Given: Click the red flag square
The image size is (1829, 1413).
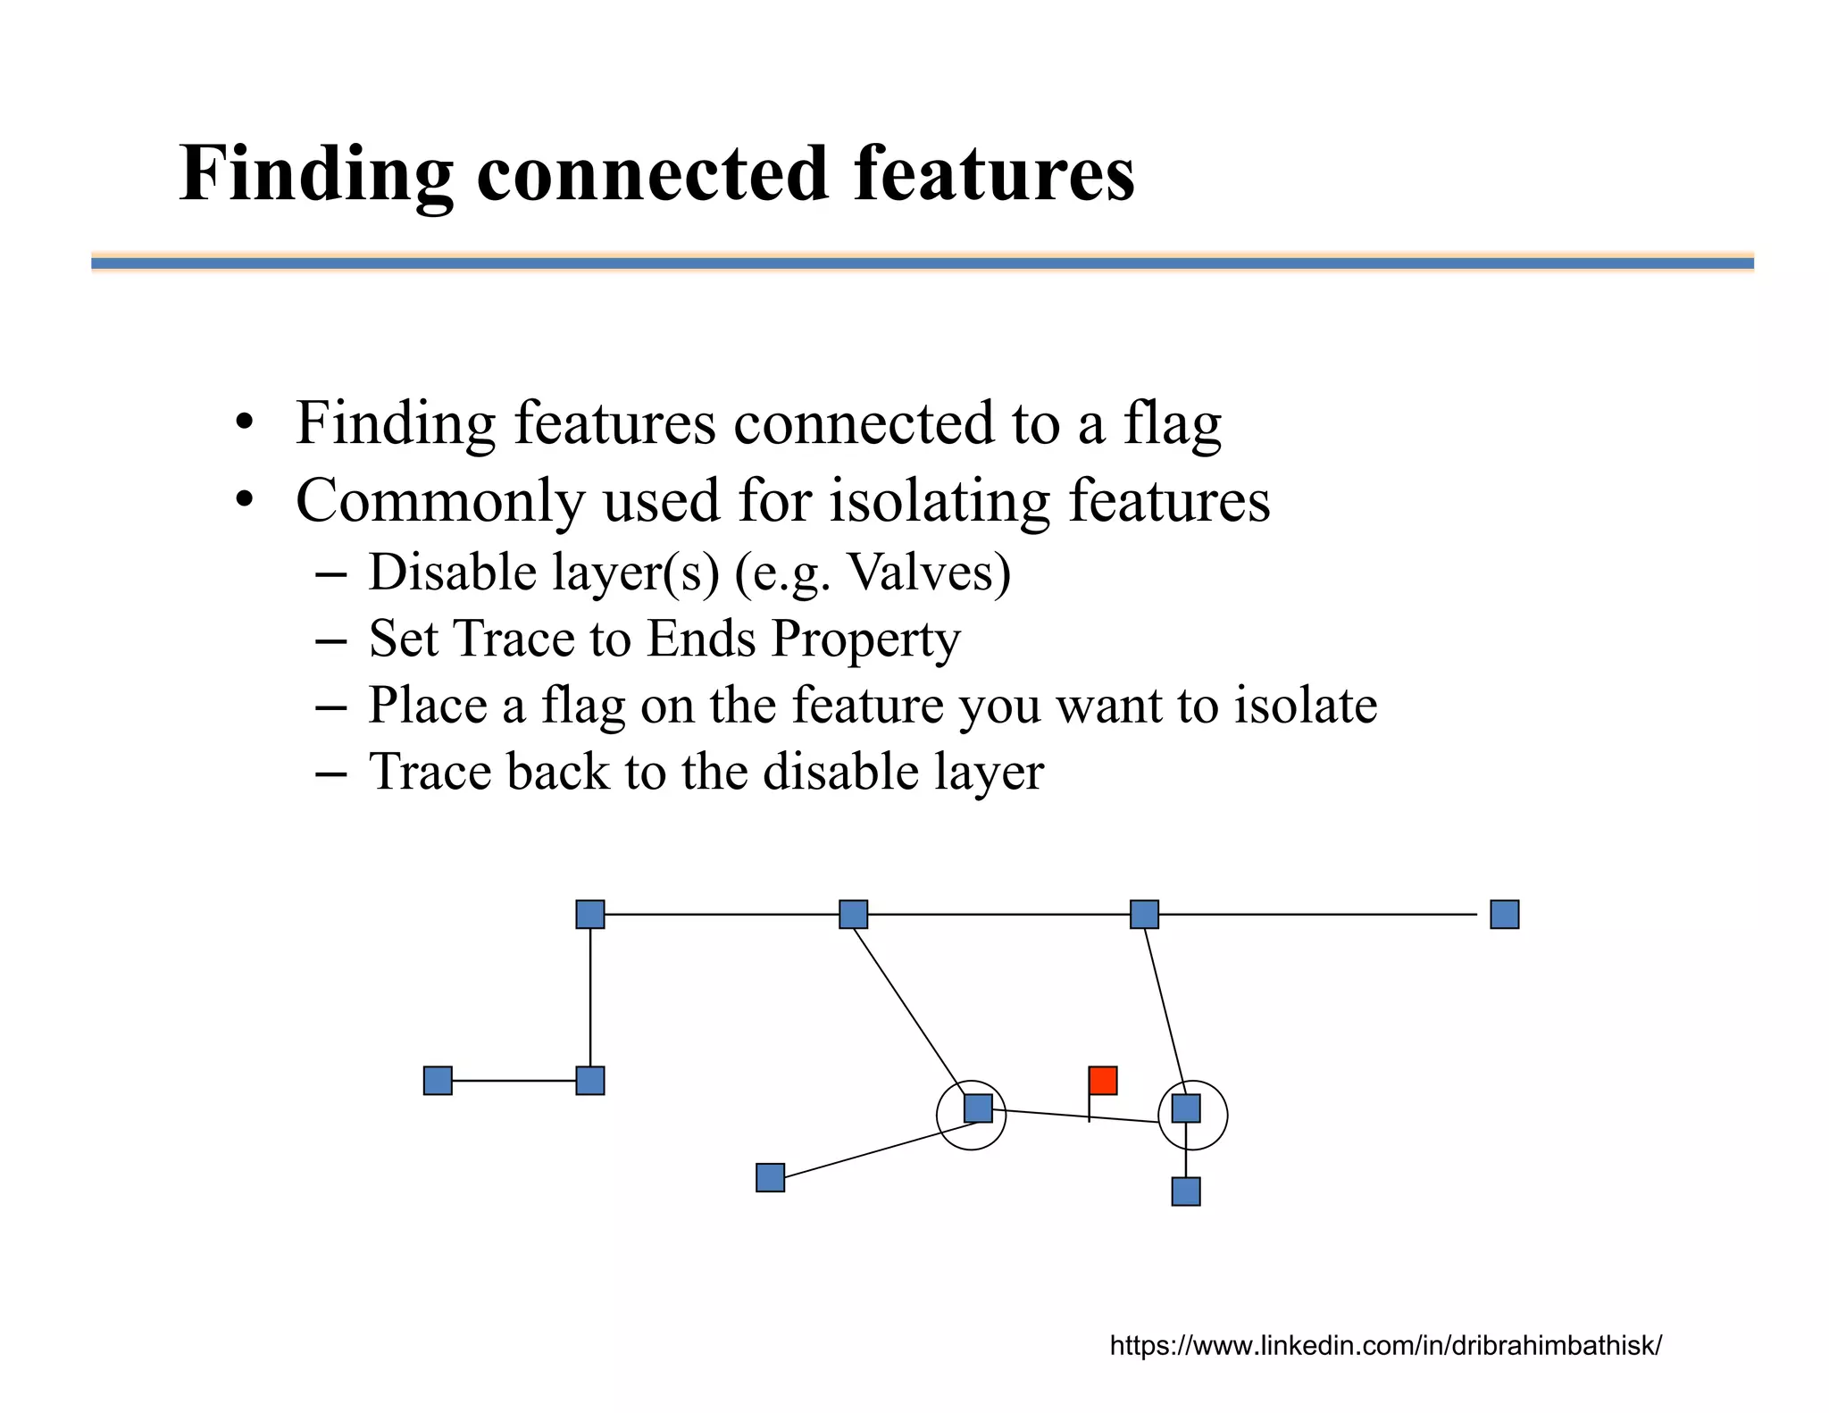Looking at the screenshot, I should tap(1103, 1080).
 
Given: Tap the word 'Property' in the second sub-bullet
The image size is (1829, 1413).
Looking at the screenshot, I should tap(865, 639).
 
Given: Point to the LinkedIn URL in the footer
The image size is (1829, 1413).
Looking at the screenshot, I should tap(1385, 1345).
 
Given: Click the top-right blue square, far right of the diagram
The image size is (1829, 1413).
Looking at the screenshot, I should tap(1505, 914).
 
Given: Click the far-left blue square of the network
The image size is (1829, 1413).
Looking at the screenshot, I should tap(438, 1080).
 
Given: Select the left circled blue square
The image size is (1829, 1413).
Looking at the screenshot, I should tap(978, 1108).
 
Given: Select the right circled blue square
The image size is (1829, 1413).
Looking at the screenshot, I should tap(1186, 1108).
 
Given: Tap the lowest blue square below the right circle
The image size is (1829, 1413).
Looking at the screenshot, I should tap(1186, 1191).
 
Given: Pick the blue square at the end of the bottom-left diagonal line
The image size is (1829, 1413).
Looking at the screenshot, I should tap(770, 1177).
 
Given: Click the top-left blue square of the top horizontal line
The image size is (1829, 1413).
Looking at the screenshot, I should tap(590, 914).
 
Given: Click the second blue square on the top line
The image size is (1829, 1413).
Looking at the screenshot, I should tap(854, 914).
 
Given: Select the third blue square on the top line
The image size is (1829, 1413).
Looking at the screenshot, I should tap(1144, 914).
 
